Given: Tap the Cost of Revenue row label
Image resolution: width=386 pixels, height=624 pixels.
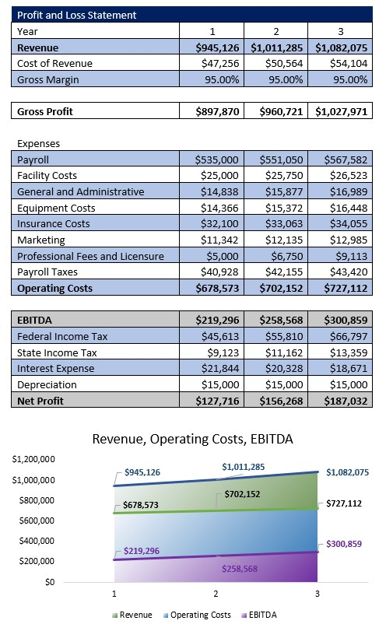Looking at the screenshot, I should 54,63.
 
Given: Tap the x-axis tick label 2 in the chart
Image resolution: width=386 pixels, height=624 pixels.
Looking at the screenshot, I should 216,594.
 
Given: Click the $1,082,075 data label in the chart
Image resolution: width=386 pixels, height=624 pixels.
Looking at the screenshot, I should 347,472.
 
